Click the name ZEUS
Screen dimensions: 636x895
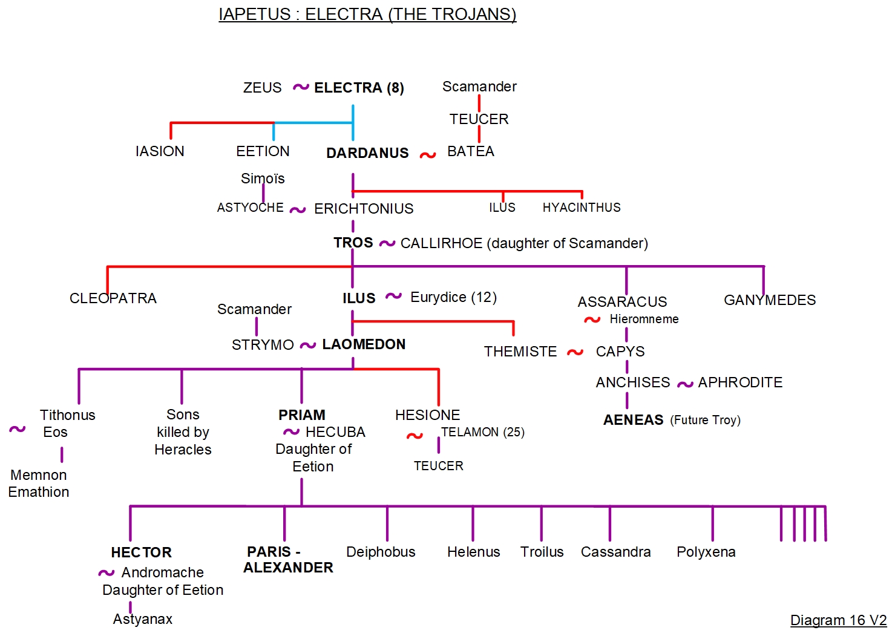click(x=262, y=88)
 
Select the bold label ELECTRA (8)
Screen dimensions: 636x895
click(x=359, y=88)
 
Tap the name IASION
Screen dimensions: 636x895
click(x=160, y=151)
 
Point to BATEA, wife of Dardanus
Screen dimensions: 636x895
click(x=470, y=151)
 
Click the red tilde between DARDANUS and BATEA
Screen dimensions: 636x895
click(x=428, y=156)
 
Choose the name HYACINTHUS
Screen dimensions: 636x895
click(x=581, y=208)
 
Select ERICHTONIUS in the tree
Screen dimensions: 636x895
click(x=364, y=209)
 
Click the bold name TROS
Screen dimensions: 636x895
click(x=353, y=243)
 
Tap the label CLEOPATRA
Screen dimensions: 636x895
click(x=113, y=298)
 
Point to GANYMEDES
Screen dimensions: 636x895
click(x=770, y=300)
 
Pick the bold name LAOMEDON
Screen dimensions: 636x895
click(x=364, y=344)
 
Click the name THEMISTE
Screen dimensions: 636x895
click(x=520, y=352)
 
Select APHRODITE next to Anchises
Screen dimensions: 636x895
click(x=740, y=382)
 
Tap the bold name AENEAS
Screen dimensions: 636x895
click(x=633, y=420)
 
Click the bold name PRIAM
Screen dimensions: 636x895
click(x=302, y=415)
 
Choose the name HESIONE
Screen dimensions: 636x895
click(x=427, y=415)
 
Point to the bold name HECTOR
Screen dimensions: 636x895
click(x=141, y=552)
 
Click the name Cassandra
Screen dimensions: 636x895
click(x=615, y=552)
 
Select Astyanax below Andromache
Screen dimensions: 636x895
click(x=143, y=619)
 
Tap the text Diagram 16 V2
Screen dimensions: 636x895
click(x=838, y=620)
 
